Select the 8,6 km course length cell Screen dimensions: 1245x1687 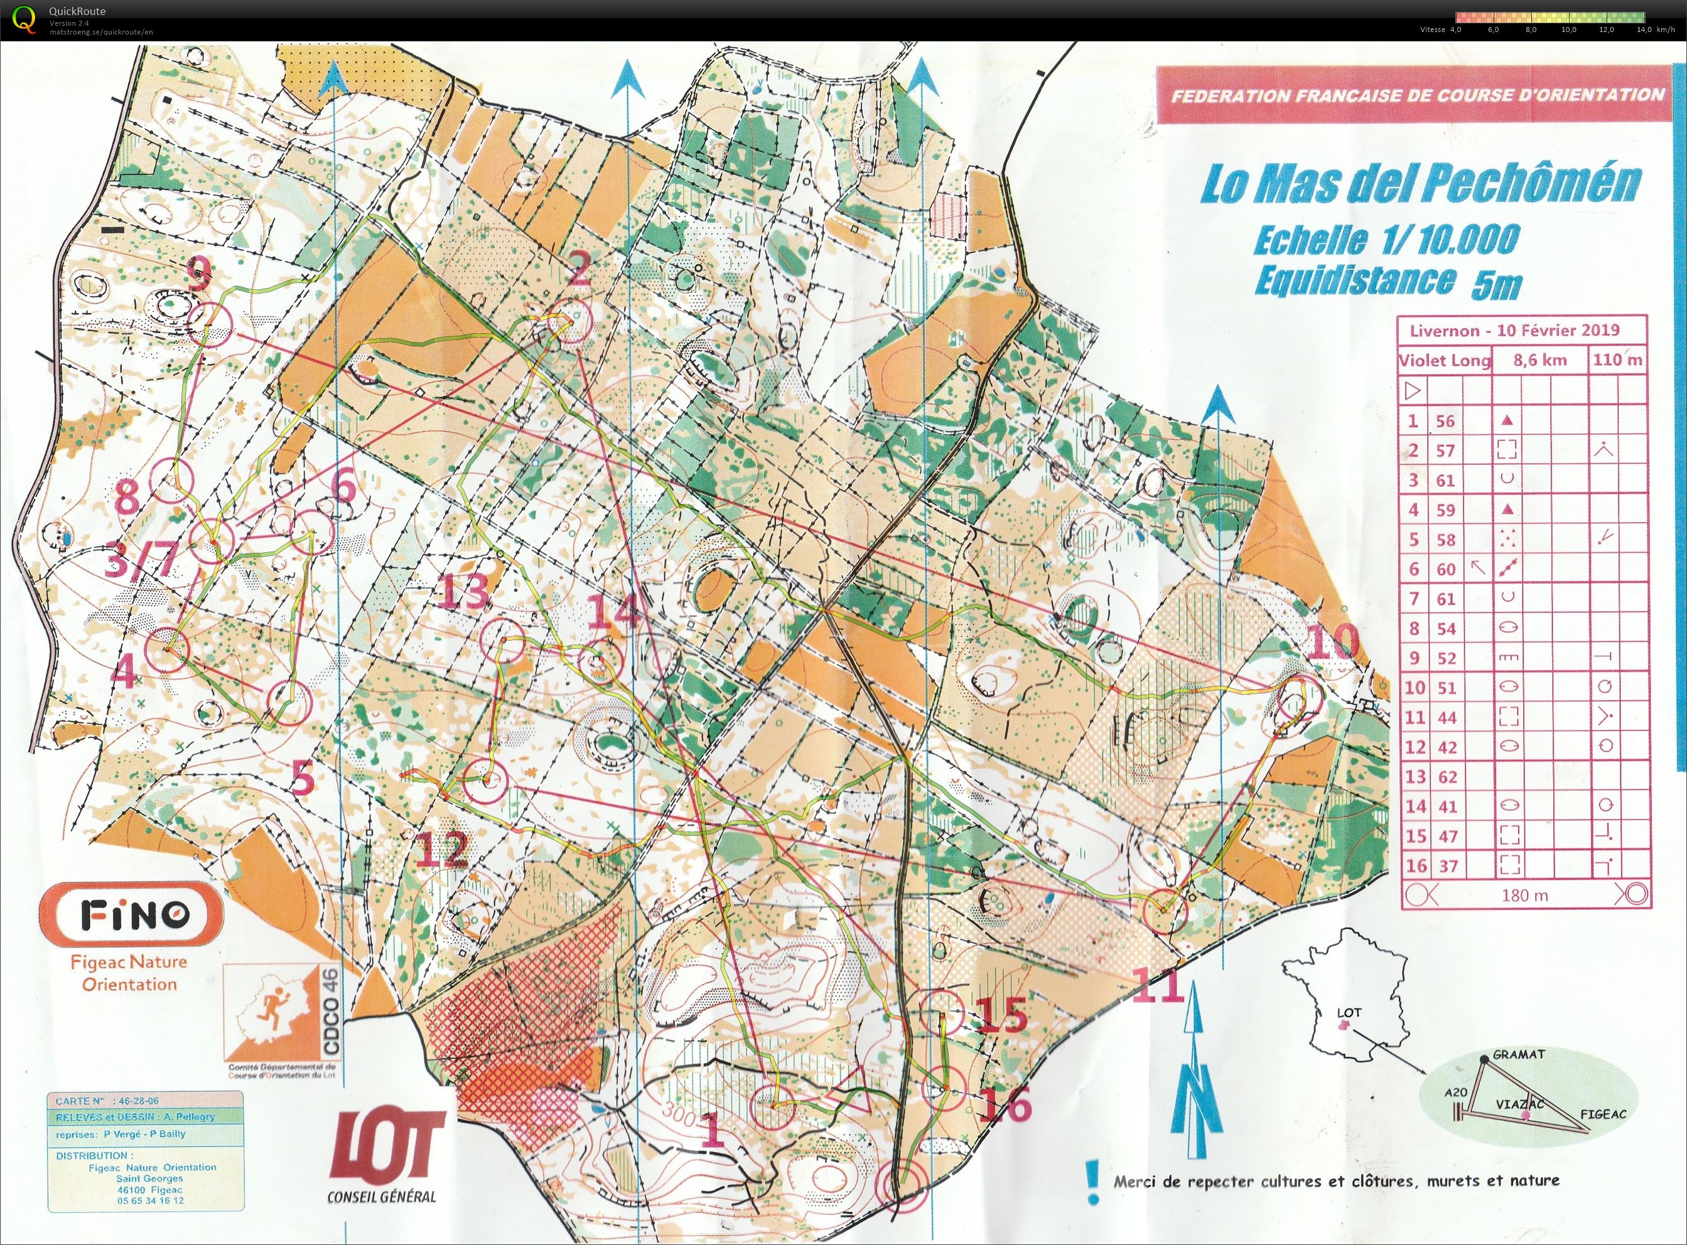1539,360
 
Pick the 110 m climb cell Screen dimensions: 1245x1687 1617,360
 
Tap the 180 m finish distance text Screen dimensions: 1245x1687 1524,895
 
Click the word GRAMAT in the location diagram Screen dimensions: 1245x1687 1518,1054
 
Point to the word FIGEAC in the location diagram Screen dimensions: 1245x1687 1603,1114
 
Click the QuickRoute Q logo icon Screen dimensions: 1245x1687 24,18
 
